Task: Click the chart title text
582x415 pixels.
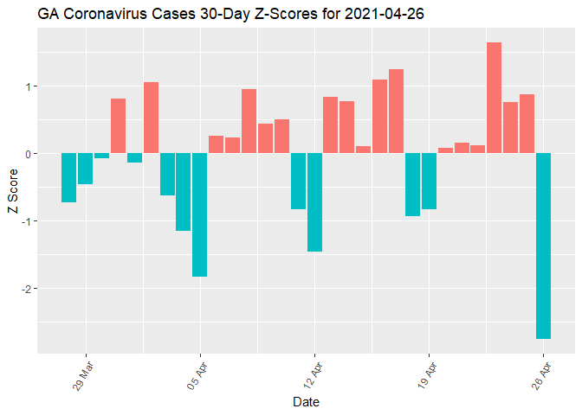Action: click(230, 15)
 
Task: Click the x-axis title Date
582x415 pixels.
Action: click(306, 402)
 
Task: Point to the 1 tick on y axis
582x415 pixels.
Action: click(29, 86)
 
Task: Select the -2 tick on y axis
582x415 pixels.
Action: click(27, 288)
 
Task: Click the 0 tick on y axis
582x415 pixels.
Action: click(29, 154)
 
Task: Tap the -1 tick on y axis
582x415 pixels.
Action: click(27, 221)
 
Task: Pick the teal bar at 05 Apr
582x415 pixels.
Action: click(200, 215)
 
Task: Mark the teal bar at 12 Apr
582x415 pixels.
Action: click(314, 202)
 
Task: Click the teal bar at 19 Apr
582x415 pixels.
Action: click(429, 182)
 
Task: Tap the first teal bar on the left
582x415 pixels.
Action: click(68, 178)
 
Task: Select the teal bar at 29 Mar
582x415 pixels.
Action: click(85, 169)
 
